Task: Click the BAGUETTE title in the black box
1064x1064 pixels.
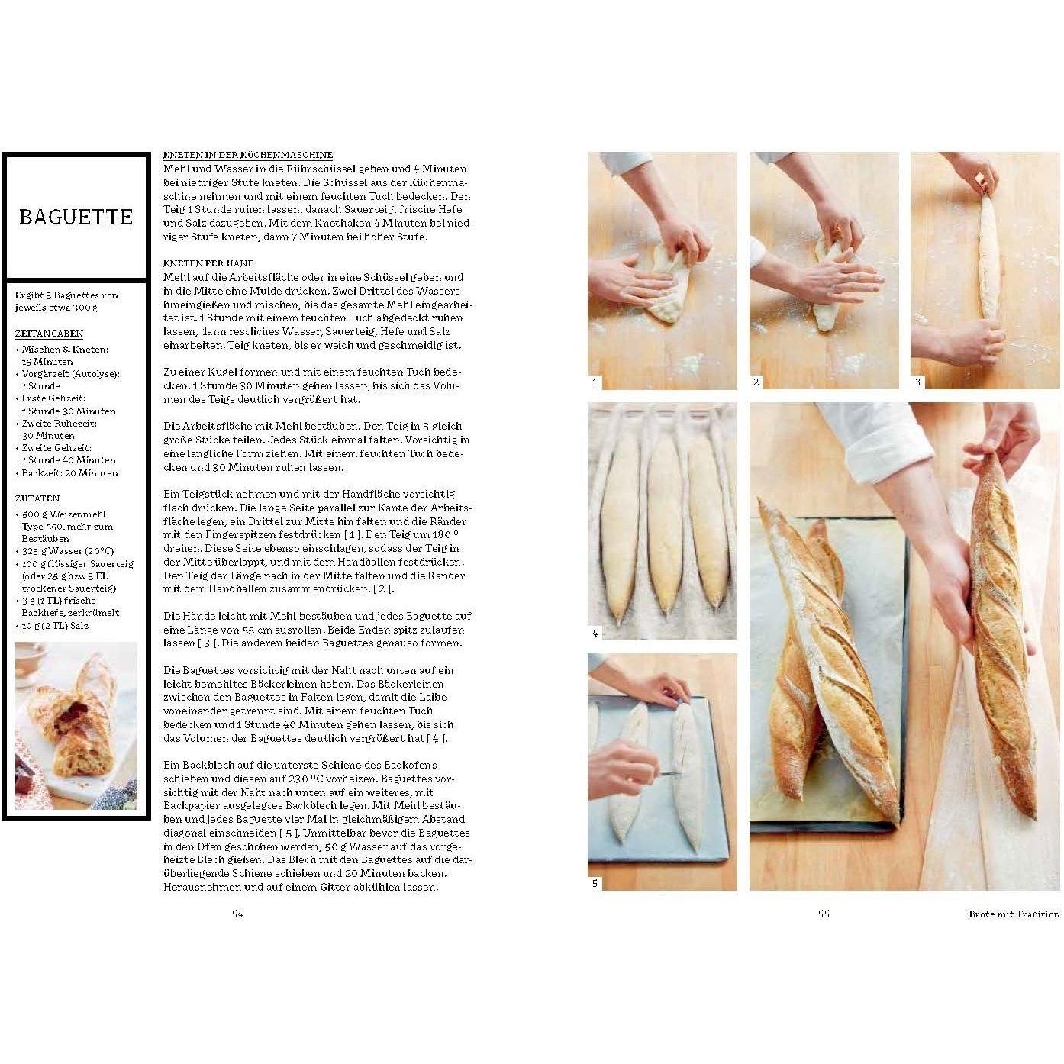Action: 76,217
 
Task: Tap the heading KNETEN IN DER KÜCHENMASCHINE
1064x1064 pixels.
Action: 248,155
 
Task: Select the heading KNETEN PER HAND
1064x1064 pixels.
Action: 208,263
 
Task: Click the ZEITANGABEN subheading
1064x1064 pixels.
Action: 49,334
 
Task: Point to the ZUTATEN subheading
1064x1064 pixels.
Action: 37,498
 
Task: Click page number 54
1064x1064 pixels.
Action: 237,914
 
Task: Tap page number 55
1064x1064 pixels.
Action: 824,914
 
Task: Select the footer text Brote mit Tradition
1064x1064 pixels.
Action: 1014,914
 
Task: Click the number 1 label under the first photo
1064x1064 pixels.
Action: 595,382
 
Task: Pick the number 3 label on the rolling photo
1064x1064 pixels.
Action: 917,382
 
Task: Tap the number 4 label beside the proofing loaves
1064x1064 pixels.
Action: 595,634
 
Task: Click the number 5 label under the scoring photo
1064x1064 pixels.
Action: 595,883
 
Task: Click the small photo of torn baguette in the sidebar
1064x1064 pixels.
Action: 76,726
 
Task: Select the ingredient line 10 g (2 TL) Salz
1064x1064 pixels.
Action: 55,626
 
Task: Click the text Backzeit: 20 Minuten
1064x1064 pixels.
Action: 66,473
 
